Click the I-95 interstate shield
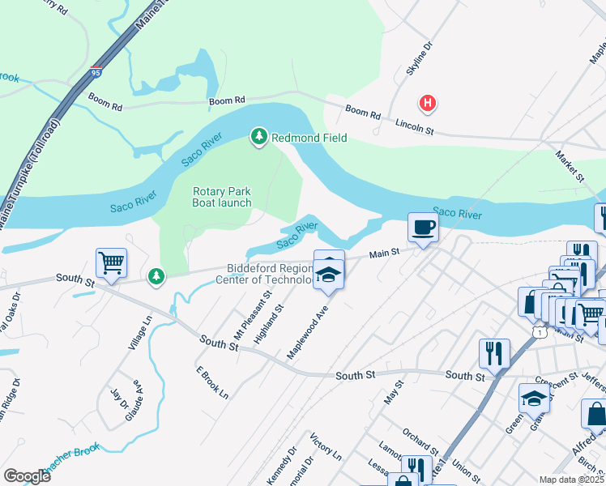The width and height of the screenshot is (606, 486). (96, 73)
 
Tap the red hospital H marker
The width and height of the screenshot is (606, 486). (428, 103)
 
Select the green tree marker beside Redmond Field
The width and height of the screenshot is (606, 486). (258, 137)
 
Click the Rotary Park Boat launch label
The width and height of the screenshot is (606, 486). (221, 198)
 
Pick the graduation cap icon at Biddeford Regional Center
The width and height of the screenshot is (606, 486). (329, 275)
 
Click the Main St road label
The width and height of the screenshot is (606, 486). (385, 254)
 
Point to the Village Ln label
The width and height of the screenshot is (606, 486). (140, 333)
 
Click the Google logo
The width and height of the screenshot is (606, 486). (27, 476)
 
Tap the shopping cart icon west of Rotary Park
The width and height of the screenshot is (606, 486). (111, 262)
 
